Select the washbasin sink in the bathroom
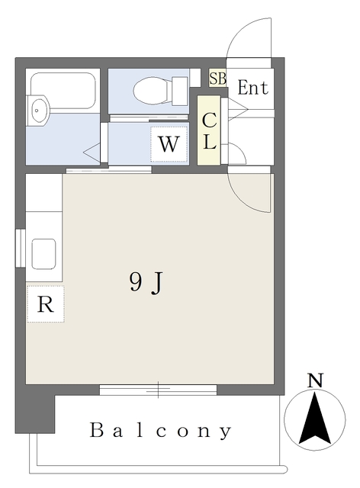[x=37, y=111]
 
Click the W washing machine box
[x=169, y=144]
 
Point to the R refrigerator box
[x=45, y=304]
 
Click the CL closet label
[x=209, y=130]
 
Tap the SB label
[x=217, y=78]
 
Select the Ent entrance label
[x=252, y=88]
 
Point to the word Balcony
[x=160, y=431]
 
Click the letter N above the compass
[x=314, y=380]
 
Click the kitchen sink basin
[x=43, y=252]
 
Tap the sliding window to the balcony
[x=159, y=390]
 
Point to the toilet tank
[x=179, y=91]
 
